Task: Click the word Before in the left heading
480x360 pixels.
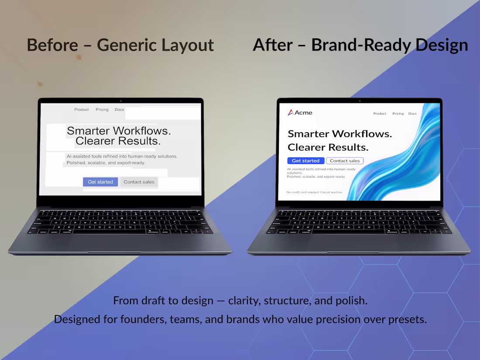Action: pyautogui.click(x=52, y=45)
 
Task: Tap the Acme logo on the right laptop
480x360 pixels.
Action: pyautogui.click(x=300, y=113)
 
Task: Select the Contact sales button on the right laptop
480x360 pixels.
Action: pyautogui.click(x=345, y=161)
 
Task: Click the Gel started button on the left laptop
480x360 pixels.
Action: pyautogui.click(x=100, y=182)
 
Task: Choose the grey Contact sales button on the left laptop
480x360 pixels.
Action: pyautogui.click(x=139, y=182)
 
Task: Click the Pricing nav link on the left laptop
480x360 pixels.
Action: pyautogui.click(x=102, y=110)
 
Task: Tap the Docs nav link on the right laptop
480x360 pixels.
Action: pyautogui.click(x=412, y=113)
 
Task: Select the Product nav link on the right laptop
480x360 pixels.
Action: pyautogui.click(x=380, y=113)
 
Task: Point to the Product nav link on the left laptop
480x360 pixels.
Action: pyautogui.click(x=82, y=110)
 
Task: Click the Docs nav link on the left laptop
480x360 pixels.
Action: pyautogui.click(x=119, y=110)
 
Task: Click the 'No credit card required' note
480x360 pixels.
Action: pyautogui.click(x=314, y=192)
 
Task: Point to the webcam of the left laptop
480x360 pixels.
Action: pyautogui.click(x=120, y=100)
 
